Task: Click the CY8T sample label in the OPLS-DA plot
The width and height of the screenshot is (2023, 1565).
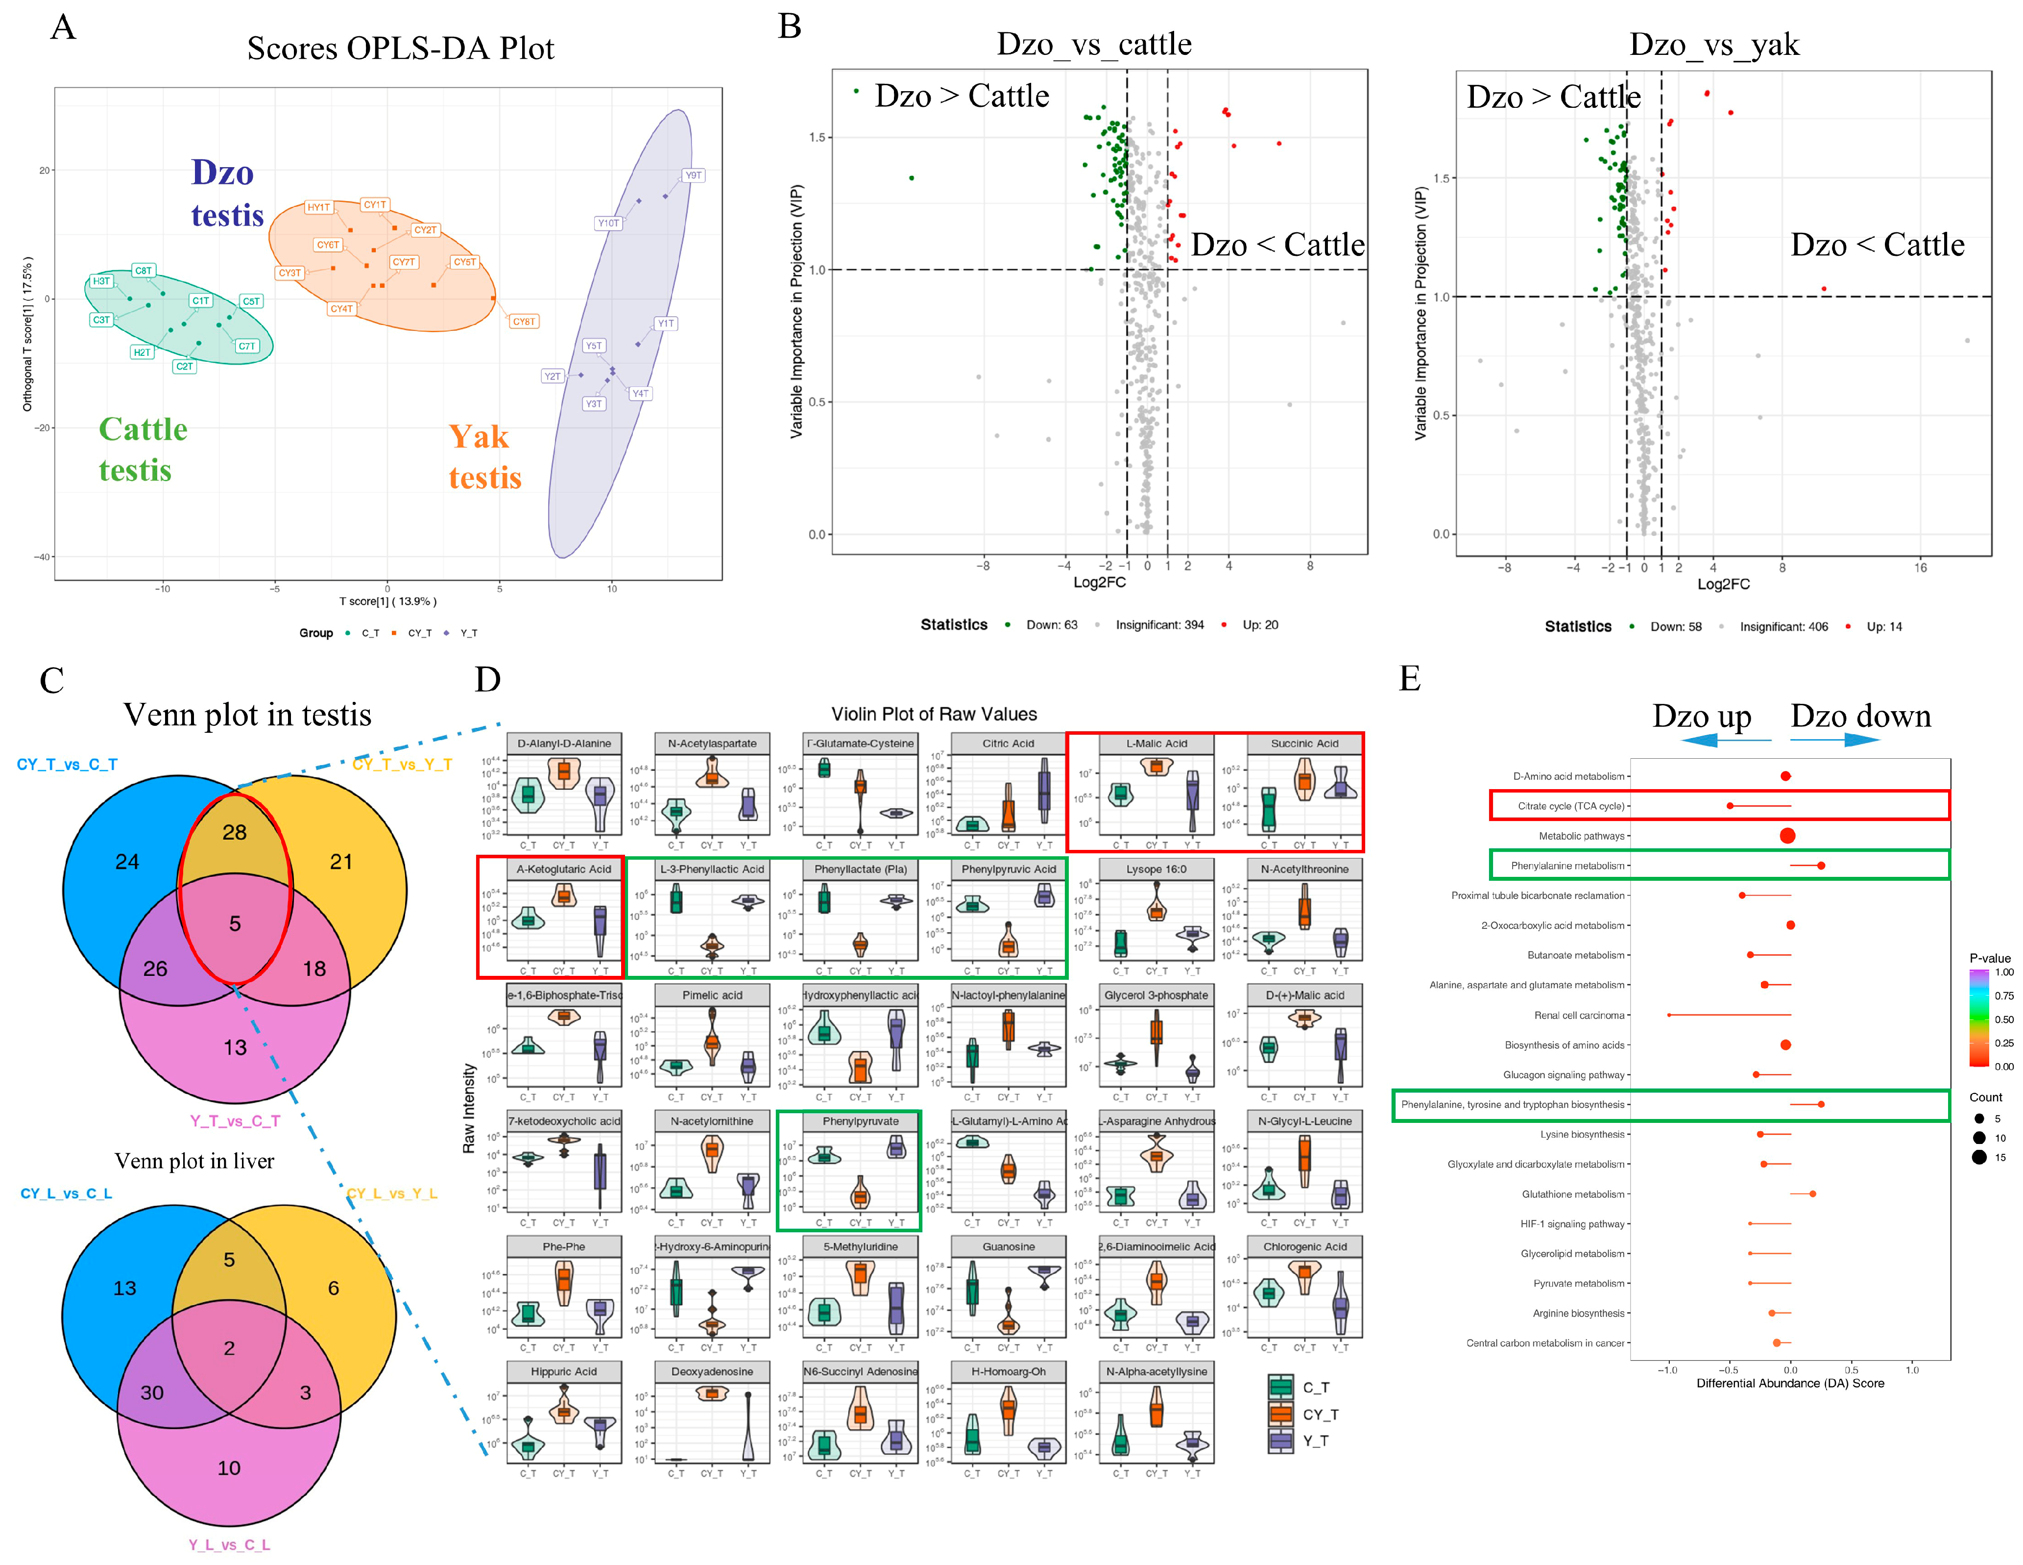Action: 523,322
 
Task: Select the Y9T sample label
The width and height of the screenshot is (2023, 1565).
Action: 693,175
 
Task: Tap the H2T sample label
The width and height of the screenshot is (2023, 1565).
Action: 142,352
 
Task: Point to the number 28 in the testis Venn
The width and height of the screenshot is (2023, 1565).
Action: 234,832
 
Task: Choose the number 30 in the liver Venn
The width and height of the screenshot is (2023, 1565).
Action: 152,1392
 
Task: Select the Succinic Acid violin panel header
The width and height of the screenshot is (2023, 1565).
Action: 1304,743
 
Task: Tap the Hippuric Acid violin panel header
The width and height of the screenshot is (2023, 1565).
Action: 563,1371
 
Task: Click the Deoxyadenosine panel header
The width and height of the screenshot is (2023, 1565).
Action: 711,1371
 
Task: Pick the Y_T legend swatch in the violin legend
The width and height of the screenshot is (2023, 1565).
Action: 1281,1441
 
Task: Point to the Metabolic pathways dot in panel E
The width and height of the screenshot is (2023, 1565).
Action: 1788,836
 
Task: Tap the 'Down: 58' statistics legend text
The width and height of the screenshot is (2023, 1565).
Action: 1676,626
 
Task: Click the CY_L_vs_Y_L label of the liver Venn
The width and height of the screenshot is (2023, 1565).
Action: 392,1193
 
